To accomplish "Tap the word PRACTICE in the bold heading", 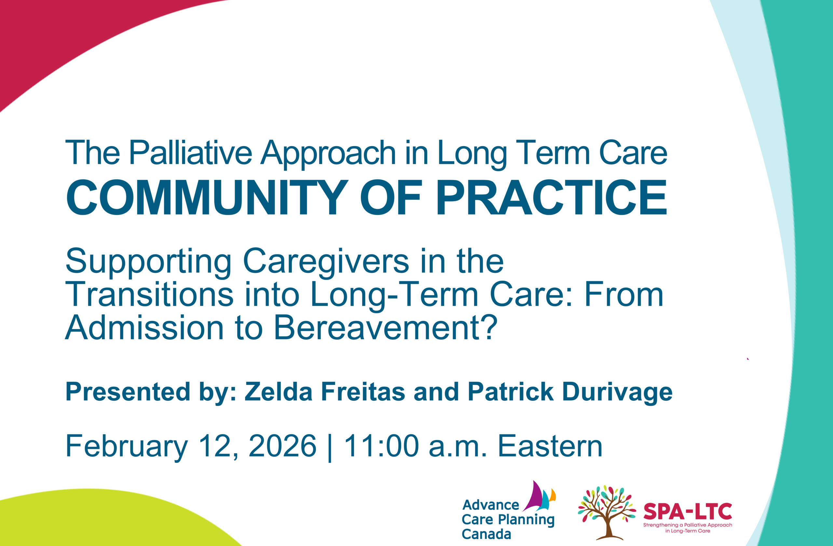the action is (552, 197).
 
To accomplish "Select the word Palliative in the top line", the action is (191, 153).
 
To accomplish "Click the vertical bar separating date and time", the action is (330, 448).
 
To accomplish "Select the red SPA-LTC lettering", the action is (688, 512).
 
